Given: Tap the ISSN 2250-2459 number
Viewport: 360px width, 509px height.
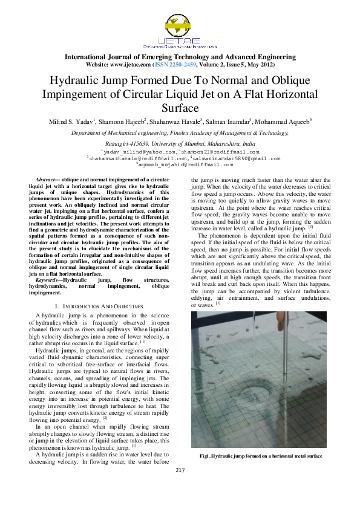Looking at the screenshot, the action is click(176, 64).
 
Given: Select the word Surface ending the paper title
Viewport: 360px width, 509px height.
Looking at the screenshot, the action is click(180, 108).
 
